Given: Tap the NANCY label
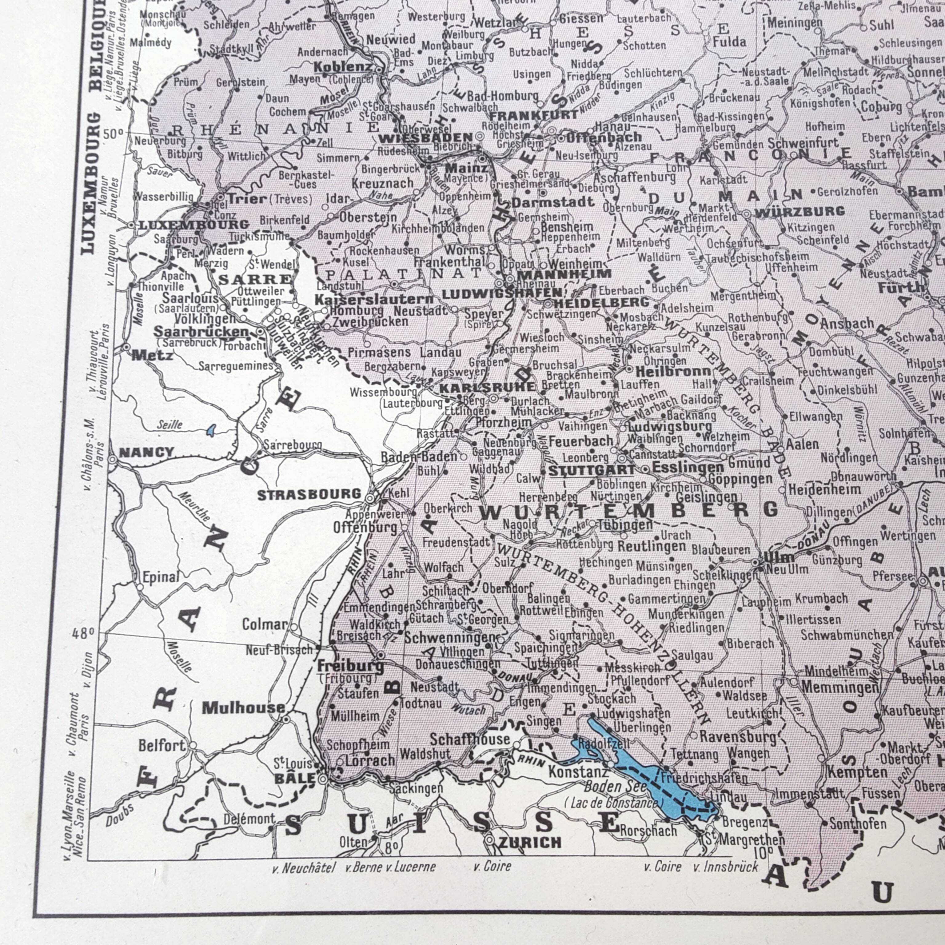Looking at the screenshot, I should click(146, 452).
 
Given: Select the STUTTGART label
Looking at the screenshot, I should click(591, 471).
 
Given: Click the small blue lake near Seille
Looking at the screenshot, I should click(211, 430).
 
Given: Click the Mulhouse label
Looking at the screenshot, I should click(243, 707).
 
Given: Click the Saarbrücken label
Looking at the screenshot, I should click(201, 332).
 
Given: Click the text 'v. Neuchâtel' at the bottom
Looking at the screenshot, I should click(303, 867).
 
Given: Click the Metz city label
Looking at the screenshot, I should click(152, 356).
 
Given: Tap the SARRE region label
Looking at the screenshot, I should click(254, 279).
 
